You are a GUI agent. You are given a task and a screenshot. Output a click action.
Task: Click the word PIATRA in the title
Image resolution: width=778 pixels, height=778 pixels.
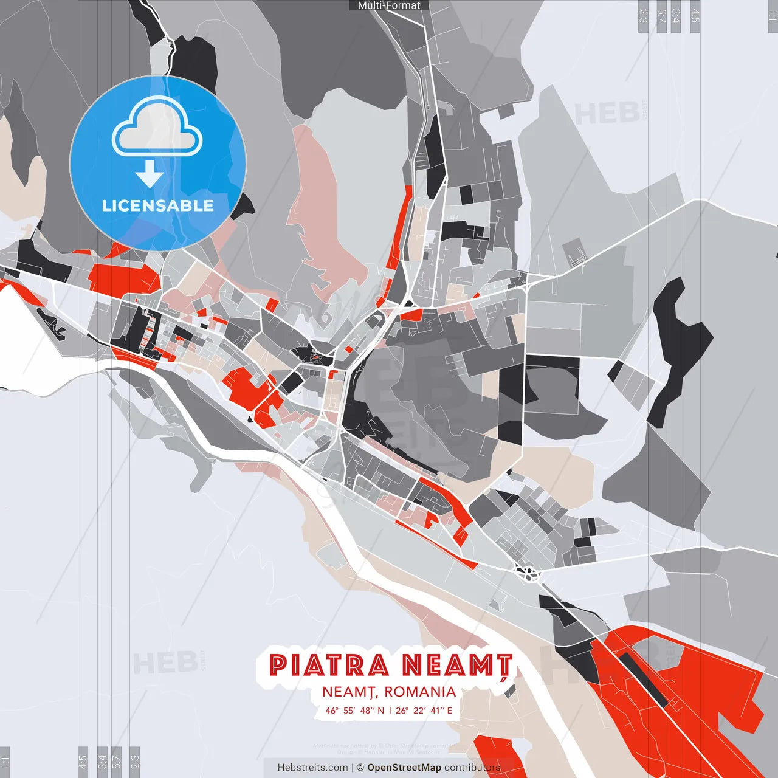tap(329, 666)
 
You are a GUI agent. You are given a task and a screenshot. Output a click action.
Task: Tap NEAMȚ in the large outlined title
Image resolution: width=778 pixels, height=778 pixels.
tap(457, 666)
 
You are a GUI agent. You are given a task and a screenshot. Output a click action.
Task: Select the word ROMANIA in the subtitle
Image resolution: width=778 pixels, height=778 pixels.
tap(420, 692)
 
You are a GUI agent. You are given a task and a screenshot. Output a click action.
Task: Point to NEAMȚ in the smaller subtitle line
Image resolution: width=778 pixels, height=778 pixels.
tap(348, 692)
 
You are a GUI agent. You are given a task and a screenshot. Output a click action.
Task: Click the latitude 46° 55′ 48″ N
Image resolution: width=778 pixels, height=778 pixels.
tap(354, 711)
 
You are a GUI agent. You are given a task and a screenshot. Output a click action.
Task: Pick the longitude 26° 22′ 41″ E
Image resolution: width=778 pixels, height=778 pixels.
tap(424, 711)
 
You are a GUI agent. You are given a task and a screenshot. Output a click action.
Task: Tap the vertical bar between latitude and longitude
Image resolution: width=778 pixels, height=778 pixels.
tap(390, 711)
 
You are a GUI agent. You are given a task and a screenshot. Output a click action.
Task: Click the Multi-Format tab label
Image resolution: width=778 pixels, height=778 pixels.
tap(389, 5)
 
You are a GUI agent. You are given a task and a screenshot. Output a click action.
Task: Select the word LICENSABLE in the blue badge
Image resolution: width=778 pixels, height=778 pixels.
tap(158, 205)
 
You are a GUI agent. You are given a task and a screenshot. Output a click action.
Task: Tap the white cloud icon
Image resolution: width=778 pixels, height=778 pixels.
tap(157, 128)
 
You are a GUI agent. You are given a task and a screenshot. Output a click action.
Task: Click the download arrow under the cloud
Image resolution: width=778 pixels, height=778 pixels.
tap(150, 174)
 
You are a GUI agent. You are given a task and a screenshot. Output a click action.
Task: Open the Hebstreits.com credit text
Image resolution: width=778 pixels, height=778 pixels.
tap(312, 768)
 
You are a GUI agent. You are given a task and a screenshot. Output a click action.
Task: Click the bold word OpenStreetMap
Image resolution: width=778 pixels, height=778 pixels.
tap(404, 768)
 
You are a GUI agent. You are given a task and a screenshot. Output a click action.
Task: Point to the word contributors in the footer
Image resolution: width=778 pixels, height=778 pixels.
tap(472, 768)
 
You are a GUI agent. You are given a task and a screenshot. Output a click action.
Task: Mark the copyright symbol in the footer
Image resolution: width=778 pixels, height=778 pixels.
tap(360, 768)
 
